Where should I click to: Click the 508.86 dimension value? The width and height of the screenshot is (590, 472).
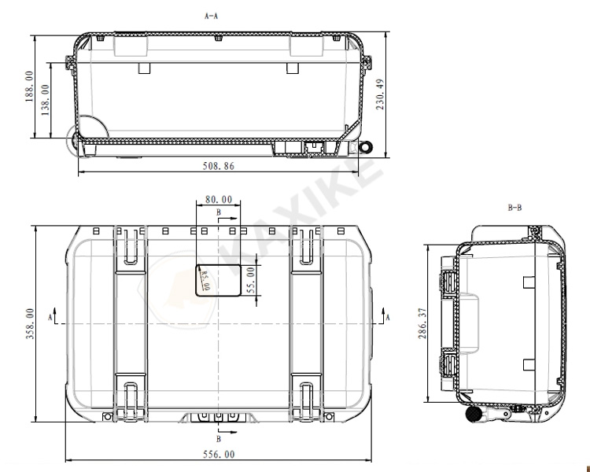(x=218, y=166)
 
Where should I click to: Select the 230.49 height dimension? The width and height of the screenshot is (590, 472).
(x=381, y=94)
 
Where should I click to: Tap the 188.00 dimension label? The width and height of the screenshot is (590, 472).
(x=29, y=87)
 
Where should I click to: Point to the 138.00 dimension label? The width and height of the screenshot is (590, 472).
(x=45, y=99)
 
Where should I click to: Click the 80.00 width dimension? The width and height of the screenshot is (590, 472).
(x=219, y=199)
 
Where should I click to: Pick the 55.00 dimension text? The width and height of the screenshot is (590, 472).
(x=252, y=280)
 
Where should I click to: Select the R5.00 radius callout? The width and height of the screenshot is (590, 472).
(x=205, y=281)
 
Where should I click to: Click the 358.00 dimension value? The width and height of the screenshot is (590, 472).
(x=30, y=323)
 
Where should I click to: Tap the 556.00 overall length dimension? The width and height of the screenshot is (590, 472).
(x=219, y=455)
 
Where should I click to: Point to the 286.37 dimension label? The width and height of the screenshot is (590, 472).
(x=422, y=323)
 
